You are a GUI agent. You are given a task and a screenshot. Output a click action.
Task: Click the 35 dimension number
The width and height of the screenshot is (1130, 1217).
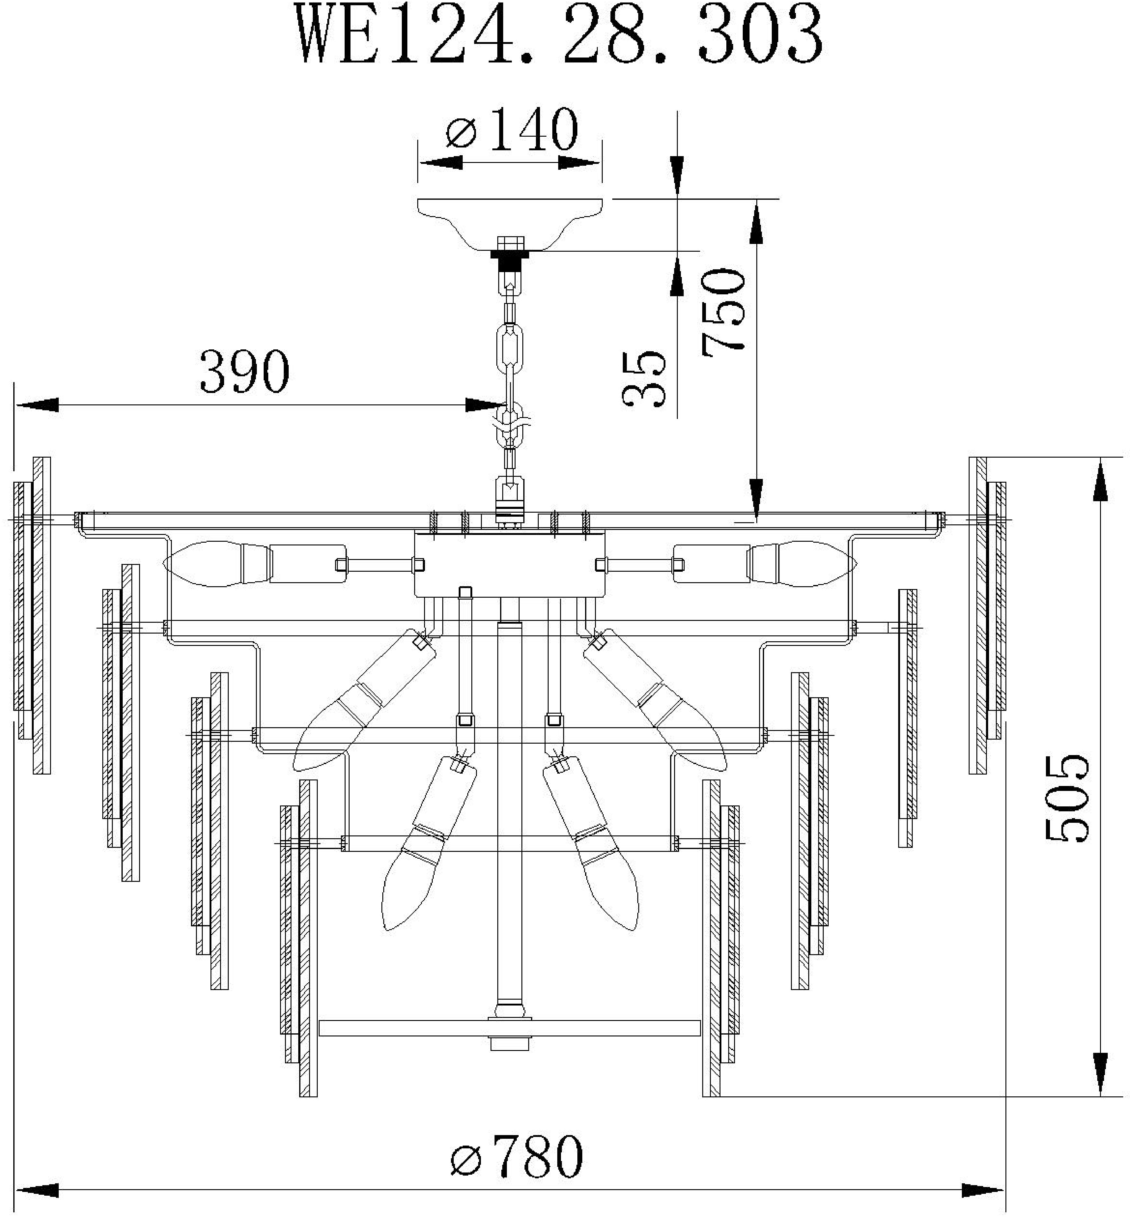pyautogui.click(x=643, y=379)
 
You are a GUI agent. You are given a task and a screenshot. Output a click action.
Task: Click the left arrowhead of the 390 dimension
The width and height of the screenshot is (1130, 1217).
pyautogui.click(x=37, y=405)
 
